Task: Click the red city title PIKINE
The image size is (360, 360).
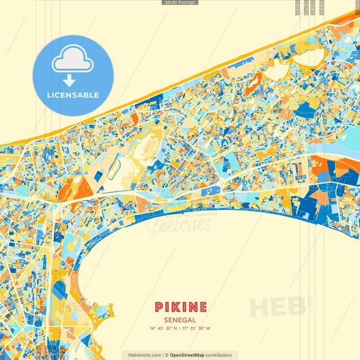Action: coord(180,307)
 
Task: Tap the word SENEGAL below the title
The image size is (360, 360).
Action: coord(180,319)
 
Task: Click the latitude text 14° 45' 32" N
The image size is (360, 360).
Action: coord(165,329)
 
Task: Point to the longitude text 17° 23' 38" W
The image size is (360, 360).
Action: coord(197,329)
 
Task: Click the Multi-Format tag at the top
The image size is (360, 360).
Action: coord(180,3)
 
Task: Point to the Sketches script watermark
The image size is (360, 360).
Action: coord(180,224)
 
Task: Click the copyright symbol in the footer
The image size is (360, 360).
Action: coord(166,355)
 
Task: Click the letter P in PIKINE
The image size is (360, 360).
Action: coord(158,307)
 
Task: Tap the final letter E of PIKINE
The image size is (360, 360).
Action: coord(203,307)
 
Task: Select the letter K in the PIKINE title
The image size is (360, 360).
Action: coord(176,307)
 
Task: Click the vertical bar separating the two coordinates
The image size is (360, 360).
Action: coord(181,329)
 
